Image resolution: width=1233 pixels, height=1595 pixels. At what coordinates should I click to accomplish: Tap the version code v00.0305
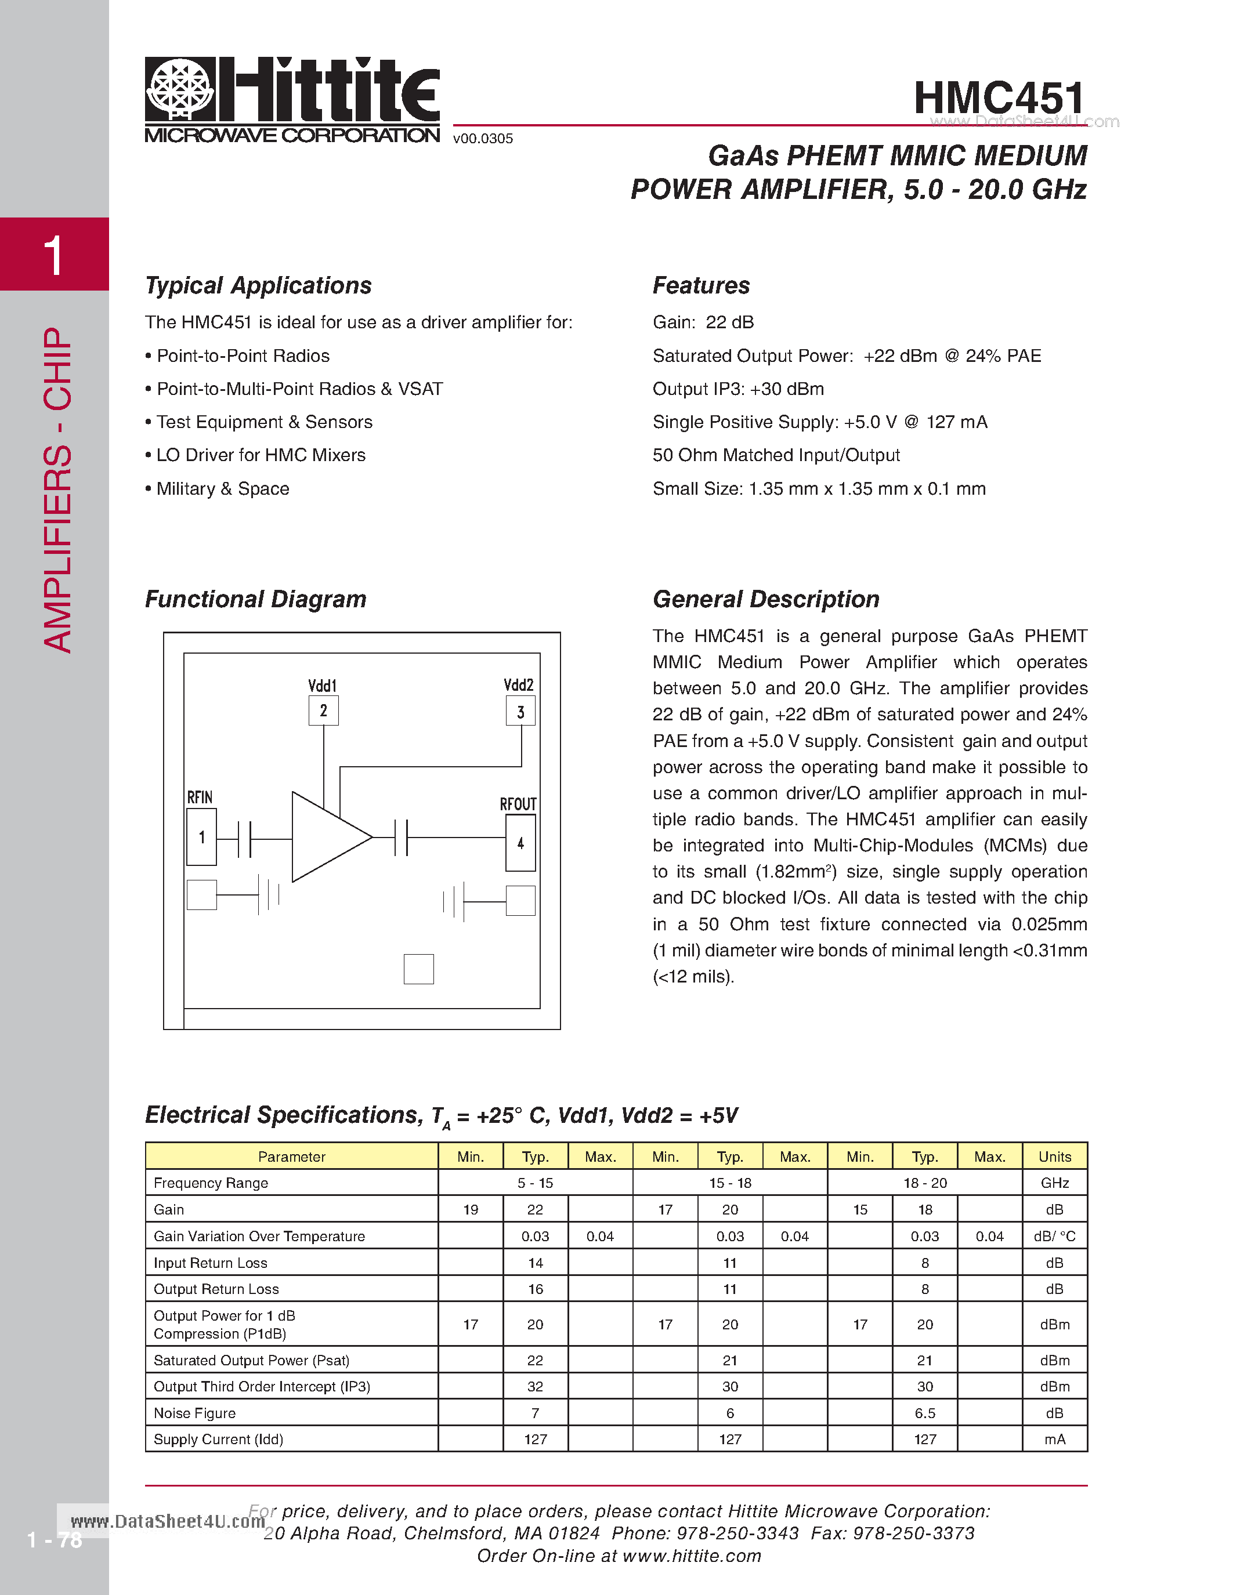point(483,139)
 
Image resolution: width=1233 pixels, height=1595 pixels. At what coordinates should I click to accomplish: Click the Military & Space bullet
point(222,488)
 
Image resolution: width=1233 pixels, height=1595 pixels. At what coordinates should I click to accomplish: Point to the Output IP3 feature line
point(737,389)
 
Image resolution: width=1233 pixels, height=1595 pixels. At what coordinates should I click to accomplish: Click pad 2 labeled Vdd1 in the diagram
point(324,710)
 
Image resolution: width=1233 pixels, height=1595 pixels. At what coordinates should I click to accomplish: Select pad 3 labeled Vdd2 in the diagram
point(520,711)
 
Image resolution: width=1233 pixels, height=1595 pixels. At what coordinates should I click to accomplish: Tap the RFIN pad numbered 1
point(201,837)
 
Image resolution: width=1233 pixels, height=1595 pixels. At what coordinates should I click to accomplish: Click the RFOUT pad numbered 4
point(520,843)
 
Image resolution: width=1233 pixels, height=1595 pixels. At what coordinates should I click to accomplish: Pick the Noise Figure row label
point(194,1413)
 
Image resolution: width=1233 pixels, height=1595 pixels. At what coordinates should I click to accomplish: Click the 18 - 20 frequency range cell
point(925,1183)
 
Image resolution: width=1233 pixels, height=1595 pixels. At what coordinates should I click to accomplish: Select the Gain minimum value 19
point(471,1210)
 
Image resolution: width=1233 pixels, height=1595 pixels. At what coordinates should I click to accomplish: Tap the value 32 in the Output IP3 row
point(535,1387)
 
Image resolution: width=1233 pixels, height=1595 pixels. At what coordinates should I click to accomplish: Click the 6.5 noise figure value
point(925,1413)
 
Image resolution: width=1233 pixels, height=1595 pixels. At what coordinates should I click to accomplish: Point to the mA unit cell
point(1054,1440)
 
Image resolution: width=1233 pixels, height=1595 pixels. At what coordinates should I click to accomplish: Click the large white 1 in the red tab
point(53,256)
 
